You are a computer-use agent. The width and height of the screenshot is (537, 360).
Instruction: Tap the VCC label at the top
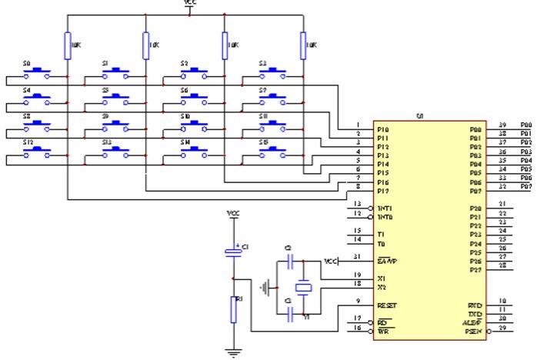click(x=190, y=4)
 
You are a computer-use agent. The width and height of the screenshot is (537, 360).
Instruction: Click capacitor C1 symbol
click(x=232, y=252)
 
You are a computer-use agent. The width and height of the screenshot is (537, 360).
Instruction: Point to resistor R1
click(x=232, y=308)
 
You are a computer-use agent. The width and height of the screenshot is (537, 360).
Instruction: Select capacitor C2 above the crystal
click(x=289, y=262)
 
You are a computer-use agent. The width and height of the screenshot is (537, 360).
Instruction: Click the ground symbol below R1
click(x=232, y=354)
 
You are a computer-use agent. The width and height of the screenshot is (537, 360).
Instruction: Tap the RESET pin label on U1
click(x=388, y=305)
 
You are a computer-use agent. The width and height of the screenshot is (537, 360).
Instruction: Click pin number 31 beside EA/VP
click(x=357, y=256)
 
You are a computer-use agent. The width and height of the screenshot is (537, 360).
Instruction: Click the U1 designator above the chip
click(x=420, y=115)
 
